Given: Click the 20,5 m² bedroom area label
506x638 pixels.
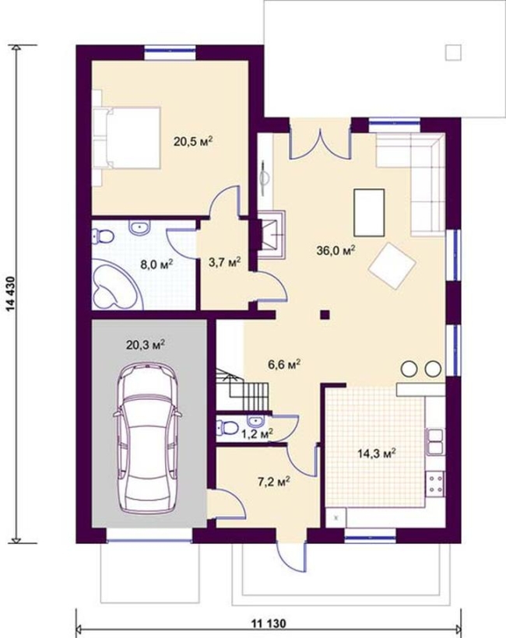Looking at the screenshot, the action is point(194,142).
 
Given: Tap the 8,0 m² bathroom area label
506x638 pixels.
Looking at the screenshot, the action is point(156,264).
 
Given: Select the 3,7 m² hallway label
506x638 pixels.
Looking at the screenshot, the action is point(225,262).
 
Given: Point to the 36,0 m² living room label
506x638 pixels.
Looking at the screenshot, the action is point(336,250).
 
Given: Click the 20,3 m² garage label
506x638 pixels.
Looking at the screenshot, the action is point(146,345).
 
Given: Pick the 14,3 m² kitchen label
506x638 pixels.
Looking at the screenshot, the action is point(377,454).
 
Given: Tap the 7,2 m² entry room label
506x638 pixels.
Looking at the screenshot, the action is point(273,482).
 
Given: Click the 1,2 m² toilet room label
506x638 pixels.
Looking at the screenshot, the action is point(257,434).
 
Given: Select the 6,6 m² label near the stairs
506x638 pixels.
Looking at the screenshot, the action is point(284,364).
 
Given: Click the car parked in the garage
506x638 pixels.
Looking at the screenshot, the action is point(147,437).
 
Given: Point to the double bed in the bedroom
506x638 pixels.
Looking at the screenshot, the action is point(127,138).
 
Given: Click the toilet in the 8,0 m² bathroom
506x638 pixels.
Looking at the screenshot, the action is point(102,237).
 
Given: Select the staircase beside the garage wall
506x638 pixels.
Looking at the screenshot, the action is point(243,390).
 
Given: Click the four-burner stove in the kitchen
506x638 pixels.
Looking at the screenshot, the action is point(435,484).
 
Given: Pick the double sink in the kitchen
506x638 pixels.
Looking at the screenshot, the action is point(435,441).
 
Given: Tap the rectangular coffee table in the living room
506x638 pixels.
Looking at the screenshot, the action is point(369,212).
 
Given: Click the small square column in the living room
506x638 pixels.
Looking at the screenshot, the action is point(325,314).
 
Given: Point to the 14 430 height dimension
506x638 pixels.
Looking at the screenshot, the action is point(16,294).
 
